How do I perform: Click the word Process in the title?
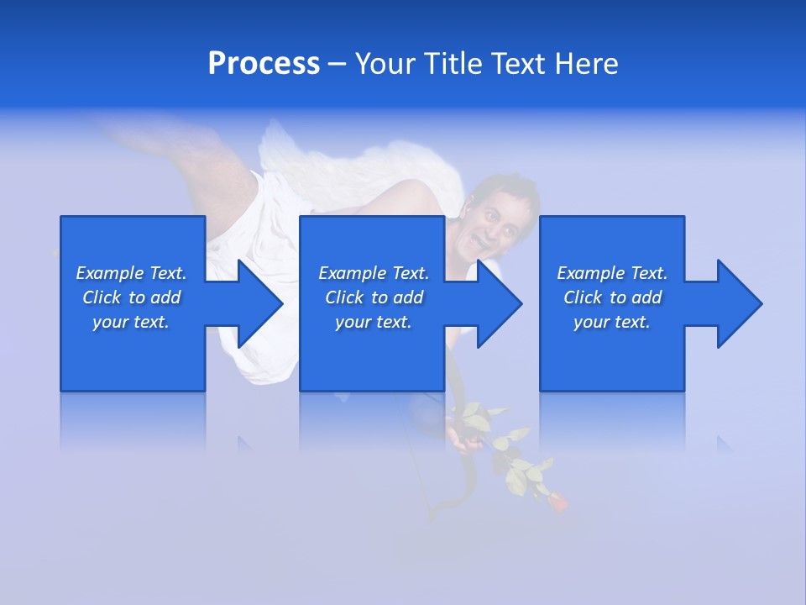264,63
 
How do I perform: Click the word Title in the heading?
453,63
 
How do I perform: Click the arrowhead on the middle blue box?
498,303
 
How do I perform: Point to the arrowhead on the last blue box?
738,303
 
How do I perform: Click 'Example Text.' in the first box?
131,273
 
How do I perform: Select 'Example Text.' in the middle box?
374,273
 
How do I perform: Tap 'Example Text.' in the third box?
612,273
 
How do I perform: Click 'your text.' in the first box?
131,322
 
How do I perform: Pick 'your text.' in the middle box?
374,322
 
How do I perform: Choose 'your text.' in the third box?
612,322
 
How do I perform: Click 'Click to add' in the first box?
131,297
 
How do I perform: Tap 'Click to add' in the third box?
612,297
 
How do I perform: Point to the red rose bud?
557,502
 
